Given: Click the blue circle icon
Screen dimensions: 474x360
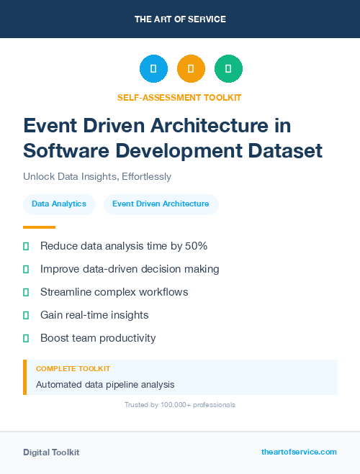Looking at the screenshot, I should click(153, 68).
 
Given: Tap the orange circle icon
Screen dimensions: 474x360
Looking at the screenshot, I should click(191, 68).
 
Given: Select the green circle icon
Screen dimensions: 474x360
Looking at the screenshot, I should click(228, 68).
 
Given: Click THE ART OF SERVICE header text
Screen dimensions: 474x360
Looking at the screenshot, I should click(180, 19).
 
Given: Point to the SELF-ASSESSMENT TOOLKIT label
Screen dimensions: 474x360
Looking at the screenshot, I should click(179, 98).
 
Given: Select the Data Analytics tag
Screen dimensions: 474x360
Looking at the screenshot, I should click(59, 204).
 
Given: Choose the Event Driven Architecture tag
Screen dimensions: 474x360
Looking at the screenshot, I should click(161, 204).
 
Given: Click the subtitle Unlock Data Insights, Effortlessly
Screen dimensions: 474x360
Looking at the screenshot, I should click(97, 176).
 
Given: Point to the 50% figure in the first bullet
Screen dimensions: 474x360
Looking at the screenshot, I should click(195, 246).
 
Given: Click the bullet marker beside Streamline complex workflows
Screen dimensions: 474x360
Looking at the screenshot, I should click(26, 292).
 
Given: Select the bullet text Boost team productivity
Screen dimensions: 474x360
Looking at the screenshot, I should click(98, 338).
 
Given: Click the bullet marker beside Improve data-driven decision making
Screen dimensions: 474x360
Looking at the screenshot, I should click(26, 269).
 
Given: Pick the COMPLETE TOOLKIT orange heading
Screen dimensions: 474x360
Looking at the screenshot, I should click(73, 368).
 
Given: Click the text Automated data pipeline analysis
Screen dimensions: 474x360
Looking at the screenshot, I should click(105, 384).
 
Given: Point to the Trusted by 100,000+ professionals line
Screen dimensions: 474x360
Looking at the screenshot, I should click(180, 405).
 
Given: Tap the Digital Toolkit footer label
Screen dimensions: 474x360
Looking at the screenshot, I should click(51, 452).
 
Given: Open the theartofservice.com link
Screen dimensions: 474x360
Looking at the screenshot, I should click(299, 452).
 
